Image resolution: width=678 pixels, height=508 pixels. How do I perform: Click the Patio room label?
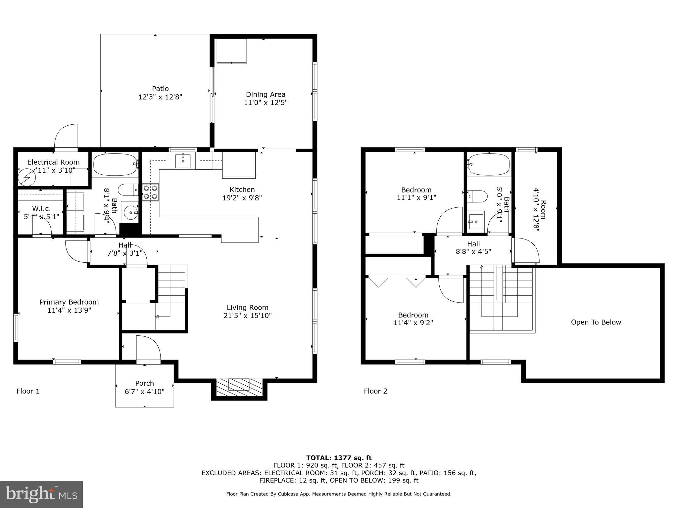click(160, 89)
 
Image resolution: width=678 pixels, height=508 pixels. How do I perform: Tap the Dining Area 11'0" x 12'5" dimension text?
click(266, 103)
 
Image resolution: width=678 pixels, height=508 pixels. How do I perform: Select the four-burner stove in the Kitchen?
click(150, 192)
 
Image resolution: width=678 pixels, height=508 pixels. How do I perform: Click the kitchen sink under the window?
click(183, 161)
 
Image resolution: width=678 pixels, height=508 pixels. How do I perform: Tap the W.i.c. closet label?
click(41, 209)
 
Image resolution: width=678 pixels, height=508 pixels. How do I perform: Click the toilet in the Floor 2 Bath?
click(477, 196)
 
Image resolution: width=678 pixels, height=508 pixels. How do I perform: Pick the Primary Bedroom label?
click(69, 302)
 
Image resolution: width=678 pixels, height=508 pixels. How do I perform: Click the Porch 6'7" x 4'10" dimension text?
click(144, 392)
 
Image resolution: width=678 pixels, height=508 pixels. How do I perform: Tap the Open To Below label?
click(596, 322)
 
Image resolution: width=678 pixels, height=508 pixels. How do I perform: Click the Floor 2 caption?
click(375, 391)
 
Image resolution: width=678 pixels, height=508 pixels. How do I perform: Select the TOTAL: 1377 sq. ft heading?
click(339, 458)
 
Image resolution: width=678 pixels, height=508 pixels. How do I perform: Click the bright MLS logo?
click(41, 494)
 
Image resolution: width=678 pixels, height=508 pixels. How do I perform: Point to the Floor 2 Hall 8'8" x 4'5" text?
click(473, 251)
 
